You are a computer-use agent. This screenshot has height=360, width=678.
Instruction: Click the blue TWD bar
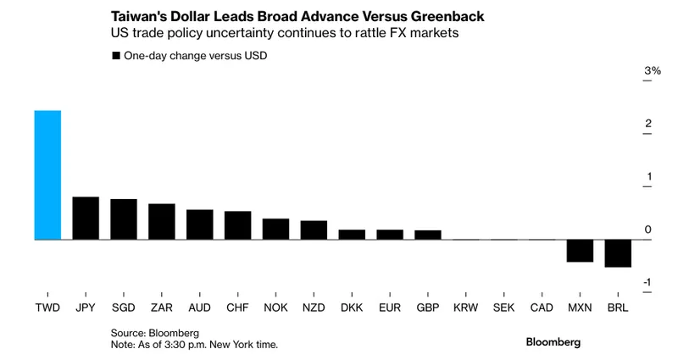click(47, 175)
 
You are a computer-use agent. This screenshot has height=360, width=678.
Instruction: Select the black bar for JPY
click(86, 219)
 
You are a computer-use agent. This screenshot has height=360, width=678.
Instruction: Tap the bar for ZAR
click(161, 222)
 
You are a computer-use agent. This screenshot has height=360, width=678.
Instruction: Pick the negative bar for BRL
click(618, 253)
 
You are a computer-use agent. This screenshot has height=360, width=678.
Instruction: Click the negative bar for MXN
click(580, 251)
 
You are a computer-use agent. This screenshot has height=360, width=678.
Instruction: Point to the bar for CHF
click(237, 225)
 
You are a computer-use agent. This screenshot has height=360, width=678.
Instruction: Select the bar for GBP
click(428, 235)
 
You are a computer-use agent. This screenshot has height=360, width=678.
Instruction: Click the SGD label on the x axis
click(124, 307)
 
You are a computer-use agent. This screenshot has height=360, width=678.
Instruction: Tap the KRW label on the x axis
click(466, 307)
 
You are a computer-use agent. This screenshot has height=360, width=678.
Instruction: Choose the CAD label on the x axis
click(542, 307)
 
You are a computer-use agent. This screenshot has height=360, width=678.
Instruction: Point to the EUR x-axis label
click(390, 307)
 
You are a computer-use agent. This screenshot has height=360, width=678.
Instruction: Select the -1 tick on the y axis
click(647, 283)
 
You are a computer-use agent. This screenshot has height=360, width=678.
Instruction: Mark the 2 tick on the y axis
click(647, 124)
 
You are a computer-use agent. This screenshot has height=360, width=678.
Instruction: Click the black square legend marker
click(116, 55)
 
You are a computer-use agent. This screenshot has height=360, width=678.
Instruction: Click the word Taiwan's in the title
click(138, 17)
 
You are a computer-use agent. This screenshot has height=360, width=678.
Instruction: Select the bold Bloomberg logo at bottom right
click(553, 341)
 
